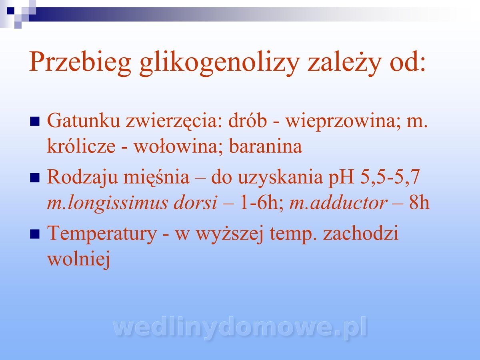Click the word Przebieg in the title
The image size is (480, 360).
(80, 62)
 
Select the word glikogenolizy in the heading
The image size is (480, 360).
(219, 62)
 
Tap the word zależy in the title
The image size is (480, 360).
(344, 63)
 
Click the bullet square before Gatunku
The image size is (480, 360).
(35, 121)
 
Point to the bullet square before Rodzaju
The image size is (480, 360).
(35, 178)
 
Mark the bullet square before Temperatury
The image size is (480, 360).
(35, 234)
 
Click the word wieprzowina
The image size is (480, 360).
(343, 121)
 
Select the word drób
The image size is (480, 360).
(248, 120)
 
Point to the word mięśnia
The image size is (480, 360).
(156, 177)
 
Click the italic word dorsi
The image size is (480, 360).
(196, 202)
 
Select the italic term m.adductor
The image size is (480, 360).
(338, 202)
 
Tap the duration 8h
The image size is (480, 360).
(419, 202)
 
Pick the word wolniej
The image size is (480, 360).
(79, 259)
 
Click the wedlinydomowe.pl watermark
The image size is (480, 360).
(240, 328)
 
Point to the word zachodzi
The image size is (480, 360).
(361, 234)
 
